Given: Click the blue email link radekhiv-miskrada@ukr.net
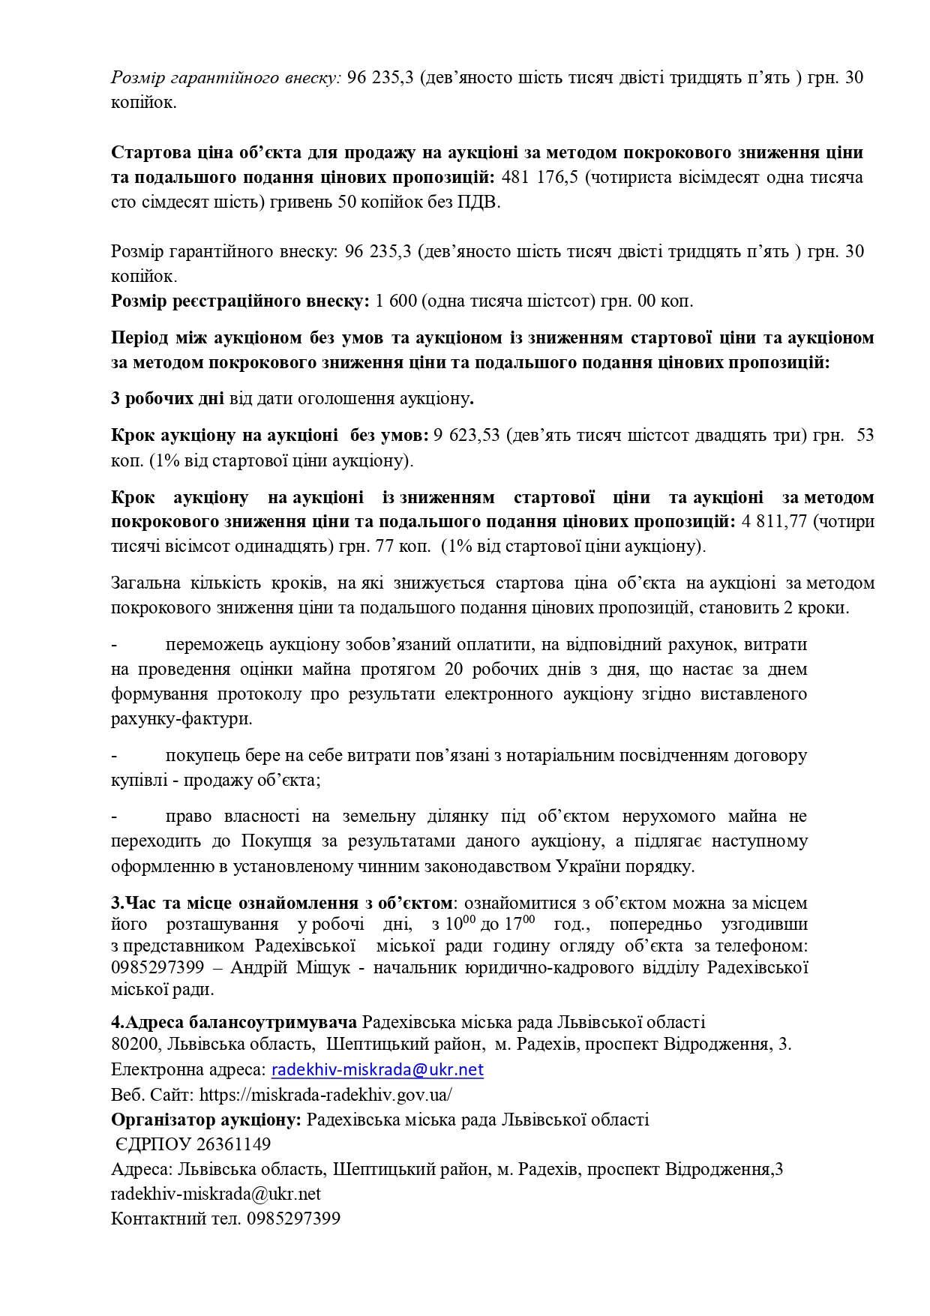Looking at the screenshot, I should point(377,1070).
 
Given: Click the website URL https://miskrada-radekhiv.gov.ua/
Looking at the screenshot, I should point(325,1095).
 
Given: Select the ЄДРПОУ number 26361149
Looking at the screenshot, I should point(233,1144).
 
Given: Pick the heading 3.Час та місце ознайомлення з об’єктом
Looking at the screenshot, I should point(282,903).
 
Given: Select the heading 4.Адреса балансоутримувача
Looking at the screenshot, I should point(234,1022).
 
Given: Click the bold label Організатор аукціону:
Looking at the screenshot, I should point(206,1120).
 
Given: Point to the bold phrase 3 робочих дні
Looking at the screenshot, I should point(167,398).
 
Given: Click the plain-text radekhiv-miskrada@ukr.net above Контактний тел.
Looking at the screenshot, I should point(216,1194).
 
